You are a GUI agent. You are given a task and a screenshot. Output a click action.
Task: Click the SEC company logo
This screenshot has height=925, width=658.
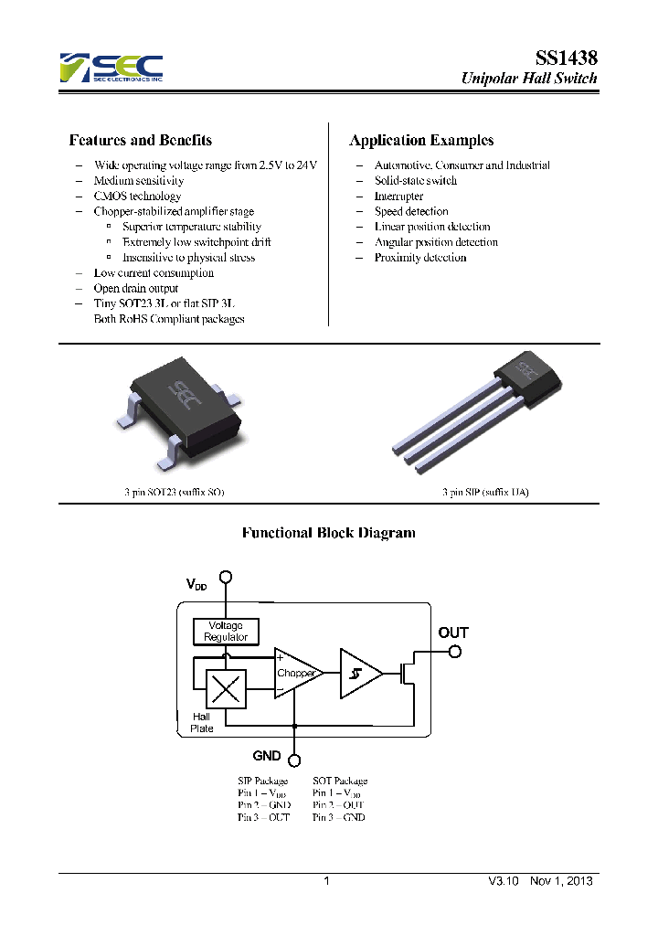coord(111,68)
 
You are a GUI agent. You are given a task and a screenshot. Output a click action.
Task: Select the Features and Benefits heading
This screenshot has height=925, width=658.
coord(141,141)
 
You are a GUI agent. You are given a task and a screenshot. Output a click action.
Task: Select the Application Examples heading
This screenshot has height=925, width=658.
coord(421,141)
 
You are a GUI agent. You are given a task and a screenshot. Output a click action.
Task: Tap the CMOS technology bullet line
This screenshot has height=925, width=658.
coord(137,196)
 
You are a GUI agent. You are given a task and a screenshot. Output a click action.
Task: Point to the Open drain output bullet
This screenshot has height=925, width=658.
coord(135,288)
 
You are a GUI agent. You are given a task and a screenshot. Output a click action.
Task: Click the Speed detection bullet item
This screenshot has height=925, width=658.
coord(411,211)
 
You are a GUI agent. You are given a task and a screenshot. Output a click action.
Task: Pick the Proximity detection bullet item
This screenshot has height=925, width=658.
coord(420,258)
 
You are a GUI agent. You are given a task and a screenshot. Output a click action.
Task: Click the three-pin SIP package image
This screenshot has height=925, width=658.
coord(466,411)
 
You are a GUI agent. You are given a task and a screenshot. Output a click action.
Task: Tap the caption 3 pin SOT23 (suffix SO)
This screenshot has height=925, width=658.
coord(175,492)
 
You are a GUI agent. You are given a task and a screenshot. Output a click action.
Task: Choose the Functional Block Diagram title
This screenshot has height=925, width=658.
coord(328,533)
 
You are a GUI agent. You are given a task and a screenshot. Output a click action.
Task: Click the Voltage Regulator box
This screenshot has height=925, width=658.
coord(226,631)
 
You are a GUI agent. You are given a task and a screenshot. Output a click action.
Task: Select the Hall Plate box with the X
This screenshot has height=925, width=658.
coord(226,687)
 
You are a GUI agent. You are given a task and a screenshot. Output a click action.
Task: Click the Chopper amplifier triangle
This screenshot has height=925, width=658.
coord(296,674)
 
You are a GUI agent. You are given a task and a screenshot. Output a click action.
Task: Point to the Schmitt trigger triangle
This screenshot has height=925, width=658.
coord(359,674)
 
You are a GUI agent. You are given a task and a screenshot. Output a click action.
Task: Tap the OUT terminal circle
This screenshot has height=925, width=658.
coord(454,652)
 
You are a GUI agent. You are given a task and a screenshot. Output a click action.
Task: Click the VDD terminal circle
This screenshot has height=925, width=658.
coord(226,577)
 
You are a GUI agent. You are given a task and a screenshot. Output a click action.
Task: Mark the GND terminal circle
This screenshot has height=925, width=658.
coord(294,759)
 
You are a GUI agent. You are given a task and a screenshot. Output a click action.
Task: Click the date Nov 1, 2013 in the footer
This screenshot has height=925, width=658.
coord(561,881)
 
